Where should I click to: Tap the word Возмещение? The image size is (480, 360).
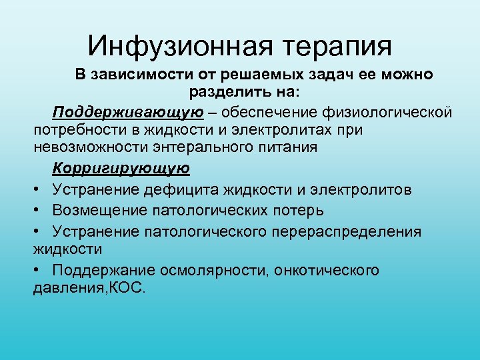click(102, 211)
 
